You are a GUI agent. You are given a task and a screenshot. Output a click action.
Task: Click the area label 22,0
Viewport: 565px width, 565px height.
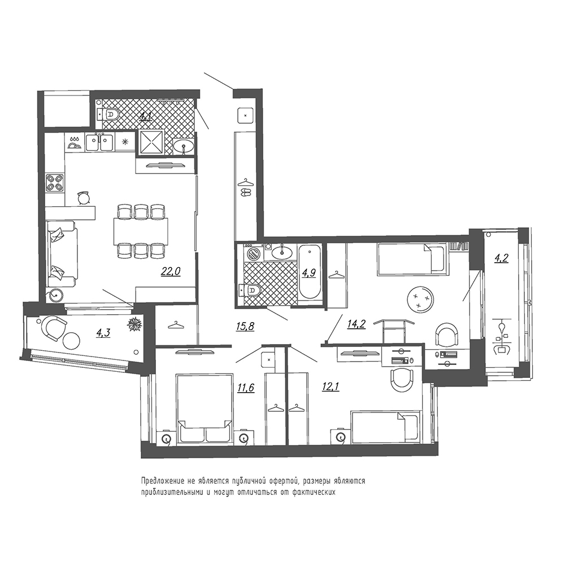point(171,271)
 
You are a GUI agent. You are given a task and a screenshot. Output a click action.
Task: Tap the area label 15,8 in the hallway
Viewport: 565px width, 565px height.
point(245,327)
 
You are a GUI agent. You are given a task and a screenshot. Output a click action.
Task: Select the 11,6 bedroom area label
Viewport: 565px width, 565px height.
point(246,388)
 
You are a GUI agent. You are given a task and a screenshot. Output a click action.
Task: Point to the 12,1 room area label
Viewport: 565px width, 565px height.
point(331,386)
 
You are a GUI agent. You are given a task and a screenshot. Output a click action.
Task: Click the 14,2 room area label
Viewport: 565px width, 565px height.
point(357,324)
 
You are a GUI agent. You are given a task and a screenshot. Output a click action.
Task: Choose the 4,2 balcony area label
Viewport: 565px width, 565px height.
point(501,258)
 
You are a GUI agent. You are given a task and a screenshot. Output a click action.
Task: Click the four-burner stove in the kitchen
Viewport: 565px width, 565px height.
point(55,182)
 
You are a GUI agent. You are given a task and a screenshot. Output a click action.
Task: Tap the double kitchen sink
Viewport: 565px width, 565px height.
point(99,142)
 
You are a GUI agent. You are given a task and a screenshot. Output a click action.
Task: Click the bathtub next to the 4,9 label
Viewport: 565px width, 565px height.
point(310,272)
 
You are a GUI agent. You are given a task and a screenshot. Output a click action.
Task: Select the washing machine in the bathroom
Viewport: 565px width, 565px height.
point(254,254)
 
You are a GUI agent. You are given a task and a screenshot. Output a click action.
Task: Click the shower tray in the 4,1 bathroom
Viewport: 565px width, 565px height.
point(151,142)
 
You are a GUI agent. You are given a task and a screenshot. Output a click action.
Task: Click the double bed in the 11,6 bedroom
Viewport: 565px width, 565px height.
point(205,408)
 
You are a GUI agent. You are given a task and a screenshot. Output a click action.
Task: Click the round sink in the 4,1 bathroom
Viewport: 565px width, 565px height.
point(184,146)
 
